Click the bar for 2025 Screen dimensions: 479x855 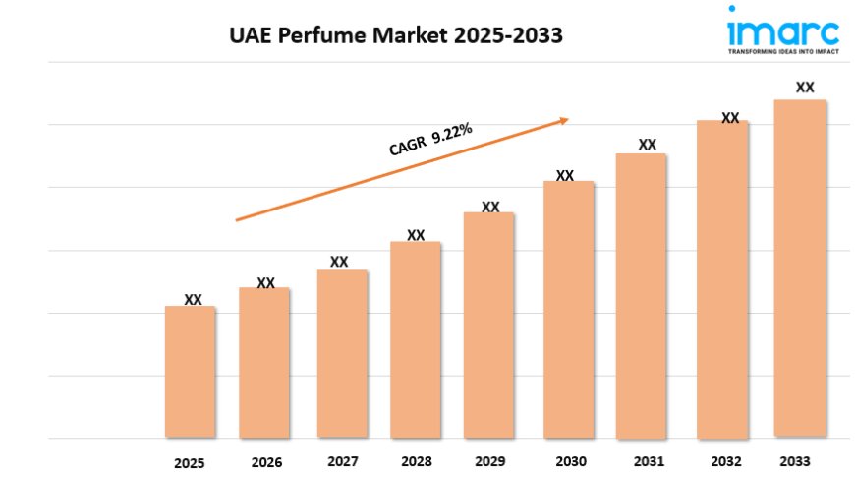point(190,372)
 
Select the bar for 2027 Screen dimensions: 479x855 point(341,354)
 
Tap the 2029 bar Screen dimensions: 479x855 point(489,325)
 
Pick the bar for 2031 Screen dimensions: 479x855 point(642,295)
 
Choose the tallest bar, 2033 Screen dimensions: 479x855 point(799,268)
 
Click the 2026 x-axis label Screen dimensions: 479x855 point(265,462)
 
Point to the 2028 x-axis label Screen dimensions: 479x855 point(417,462)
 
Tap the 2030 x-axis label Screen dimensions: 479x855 point(570,462)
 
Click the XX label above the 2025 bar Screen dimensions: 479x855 point(194,299)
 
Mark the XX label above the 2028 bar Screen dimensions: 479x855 point(416,235)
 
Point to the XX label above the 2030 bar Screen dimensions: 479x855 point(565,175)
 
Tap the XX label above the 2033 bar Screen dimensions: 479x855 point(805,87)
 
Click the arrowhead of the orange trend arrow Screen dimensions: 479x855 point(563,121)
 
